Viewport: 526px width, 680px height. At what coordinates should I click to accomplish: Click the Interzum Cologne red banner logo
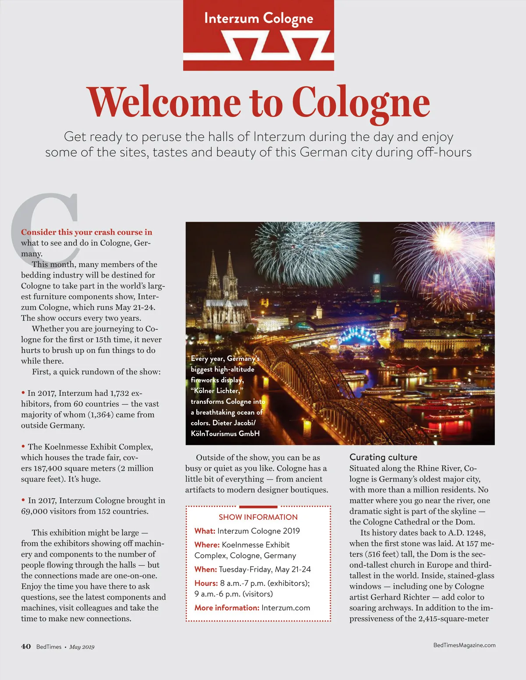pyautogui.click(x=259, y=35)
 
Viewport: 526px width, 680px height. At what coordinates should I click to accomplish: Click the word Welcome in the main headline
pyautogui.click(x=164, y=103)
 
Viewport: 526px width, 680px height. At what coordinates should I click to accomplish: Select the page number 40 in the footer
pyautogui.click(x=26, y=647)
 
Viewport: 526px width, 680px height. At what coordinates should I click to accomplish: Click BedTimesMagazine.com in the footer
pyautogui.click(x=464, y=645)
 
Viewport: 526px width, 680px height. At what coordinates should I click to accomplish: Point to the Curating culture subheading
pyautogui.click(x=383, y=457)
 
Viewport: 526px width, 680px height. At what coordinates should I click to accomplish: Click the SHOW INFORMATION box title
pyautogui.click(x=258, y=517)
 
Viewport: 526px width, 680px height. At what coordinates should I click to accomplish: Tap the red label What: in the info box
pyautogui.click(x=205, y=531)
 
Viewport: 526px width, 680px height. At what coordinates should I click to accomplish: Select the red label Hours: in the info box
pyautogui.click(x=206, y=583)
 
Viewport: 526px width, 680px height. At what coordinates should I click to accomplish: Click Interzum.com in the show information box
pyautogui.click(x=286, y=608)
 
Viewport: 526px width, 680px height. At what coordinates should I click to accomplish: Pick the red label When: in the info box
pyautogui.click(x=206, y=569)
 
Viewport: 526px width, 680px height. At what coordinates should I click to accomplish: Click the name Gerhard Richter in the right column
pyautogui.click(x=400, y=597)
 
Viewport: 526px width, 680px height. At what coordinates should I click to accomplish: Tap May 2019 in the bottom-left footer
pyautogui.click(x=82, y=647)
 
